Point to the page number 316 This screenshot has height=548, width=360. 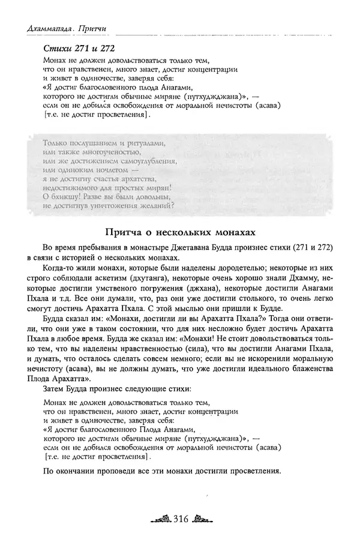[181, 518]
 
